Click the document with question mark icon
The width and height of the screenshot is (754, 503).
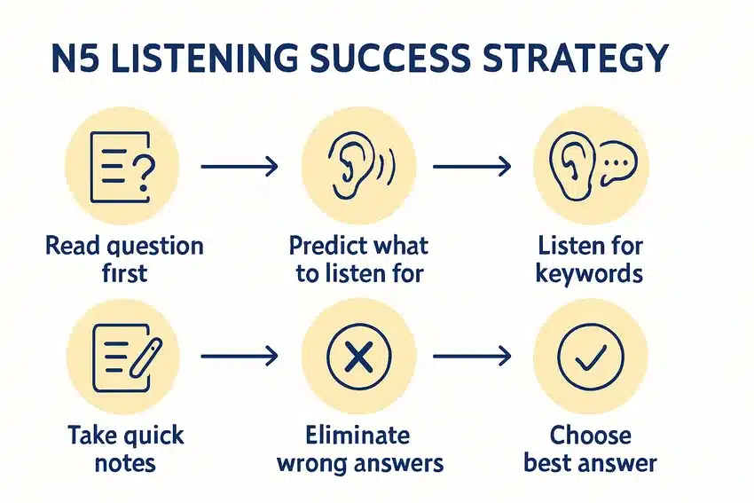(x=122, y=167)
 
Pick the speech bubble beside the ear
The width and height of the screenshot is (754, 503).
(x=618, y=162)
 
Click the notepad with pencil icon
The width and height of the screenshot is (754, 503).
(x=127, y=358)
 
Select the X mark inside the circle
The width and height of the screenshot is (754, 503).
(x=358, y=357)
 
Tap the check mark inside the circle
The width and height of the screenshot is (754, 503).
(x=591, y=357)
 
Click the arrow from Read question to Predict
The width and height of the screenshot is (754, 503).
(x=239, y=167)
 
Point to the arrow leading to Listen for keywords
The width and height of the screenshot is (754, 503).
(x=472, y=167)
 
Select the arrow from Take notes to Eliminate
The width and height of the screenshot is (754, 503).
(x=239, y=356)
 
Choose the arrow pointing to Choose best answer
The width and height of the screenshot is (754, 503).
(x=472, y=356)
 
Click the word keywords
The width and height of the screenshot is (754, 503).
(x=590, y=274)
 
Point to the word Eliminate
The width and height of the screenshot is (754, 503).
(x=357, y=436)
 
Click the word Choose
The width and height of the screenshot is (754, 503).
(x=591, y=436)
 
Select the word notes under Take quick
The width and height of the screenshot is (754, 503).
(x=125, y=464)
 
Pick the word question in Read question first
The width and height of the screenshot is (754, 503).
(x=155, y=247)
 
